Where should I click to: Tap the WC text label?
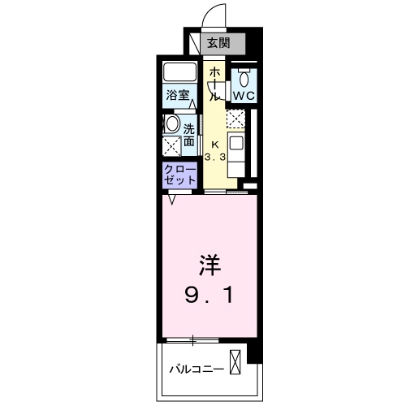tap(244, 95)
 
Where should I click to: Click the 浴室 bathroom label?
tap(179, 95)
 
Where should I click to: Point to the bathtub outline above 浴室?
tap(179, 71)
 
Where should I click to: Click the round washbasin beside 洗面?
tap(172, 125)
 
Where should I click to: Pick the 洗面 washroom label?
tap(188, 134)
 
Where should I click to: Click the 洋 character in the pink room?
tap(209, 266)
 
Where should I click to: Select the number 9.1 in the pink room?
tap(209, 293)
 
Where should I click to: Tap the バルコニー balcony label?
tap(195, 368)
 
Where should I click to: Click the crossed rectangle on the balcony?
tap(235, 361)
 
